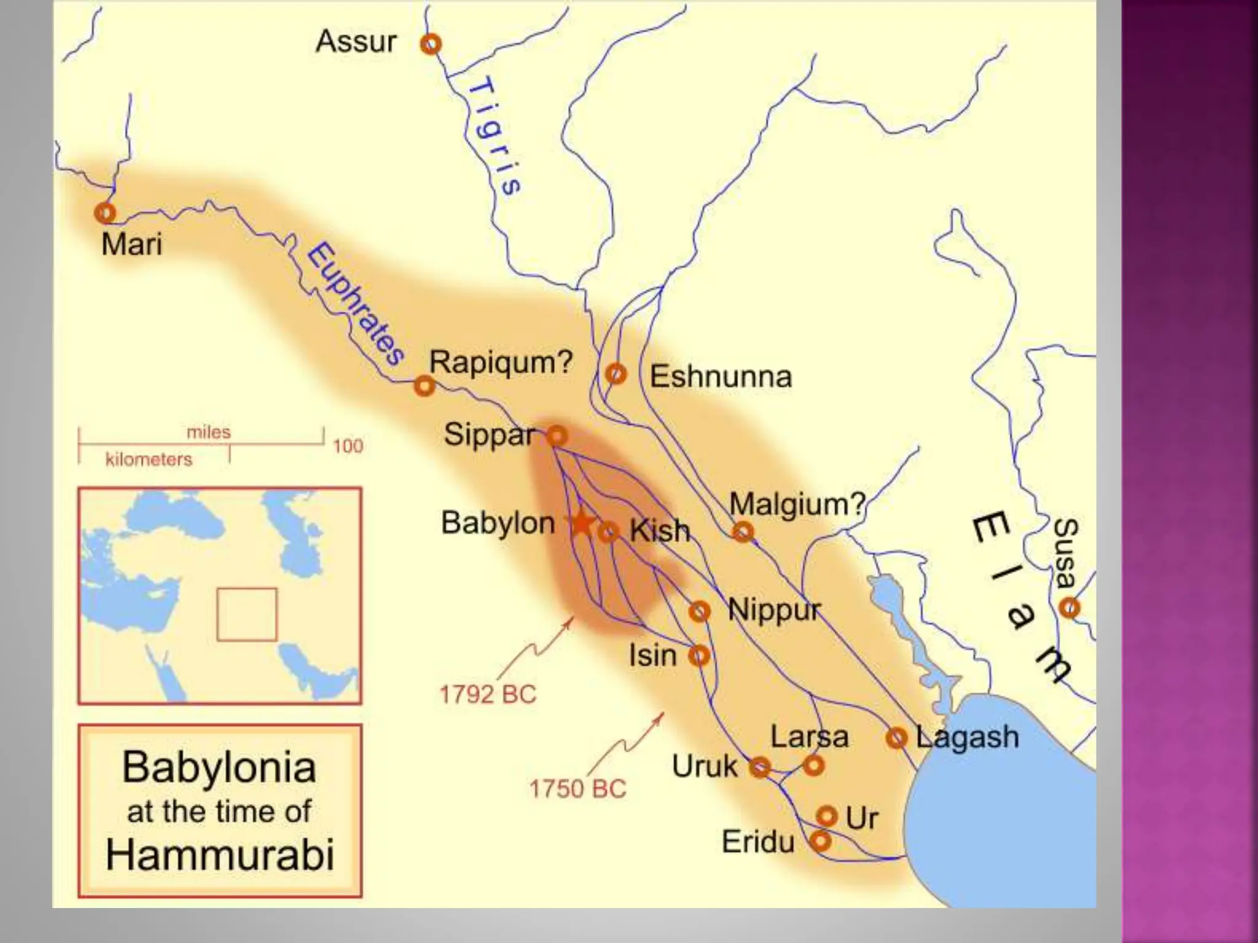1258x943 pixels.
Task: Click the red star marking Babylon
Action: pos(582,524)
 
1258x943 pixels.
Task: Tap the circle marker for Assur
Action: pos(431,44)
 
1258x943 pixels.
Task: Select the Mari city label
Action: pos(131,244)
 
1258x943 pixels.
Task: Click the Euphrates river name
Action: pos(355,304)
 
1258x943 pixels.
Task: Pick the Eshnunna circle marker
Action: pos(615,373)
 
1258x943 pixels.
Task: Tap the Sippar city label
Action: pos(489,435)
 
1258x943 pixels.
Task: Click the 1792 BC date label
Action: pos(488,694)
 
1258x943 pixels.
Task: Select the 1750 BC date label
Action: pos(577,789)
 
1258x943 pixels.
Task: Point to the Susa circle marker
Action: pos(1069,608)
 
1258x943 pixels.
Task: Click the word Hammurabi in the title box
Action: pos(220,855)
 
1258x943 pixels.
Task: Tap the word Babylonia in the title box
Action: pos(219,767)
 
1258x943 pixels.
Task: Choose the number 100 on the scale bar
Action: pos(348,446)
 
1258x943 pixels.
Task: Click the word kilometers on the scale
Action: pos(149,459)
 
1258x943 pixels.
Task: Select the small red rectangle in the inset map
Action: pos(247,615)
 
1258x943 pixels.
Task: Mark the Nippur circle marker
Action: pos(699,611)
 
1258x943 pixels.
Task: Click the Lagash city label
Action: pos(967,737)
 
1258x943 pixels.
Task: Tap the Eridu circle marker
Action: pos(820,840)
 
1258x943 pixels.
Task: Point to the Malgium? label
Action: pos(797,504)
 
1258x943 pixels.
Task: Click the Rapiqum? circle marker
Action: pos(424,386)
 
